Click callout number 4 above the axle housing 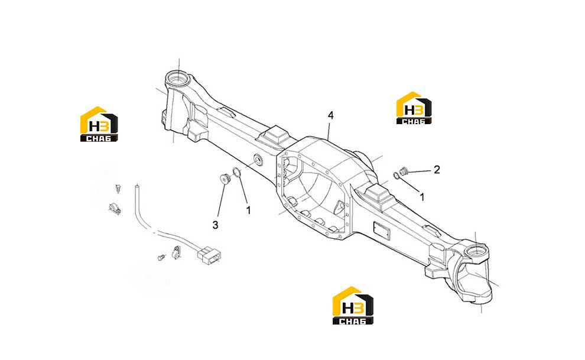[330, 116]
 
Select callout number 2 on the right [437, 170]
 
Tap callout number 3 [215, 225]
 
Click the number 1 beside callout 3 [248, 210]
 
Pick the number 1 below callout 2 [422, 197]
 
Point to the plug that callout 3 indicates [224, 178]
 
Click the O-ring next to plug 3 [236, 173]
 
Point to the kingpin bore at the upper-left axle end [178, 79]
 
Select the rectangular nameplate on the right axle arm [382, 230]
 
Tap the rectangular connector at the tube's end [209, 255]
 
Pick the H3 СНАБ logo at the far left [99, 124]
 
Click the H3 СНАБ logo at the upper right [414, 108]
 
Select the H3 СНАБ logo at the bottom [353, 306]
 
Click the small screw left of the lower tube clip [161, 257]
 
